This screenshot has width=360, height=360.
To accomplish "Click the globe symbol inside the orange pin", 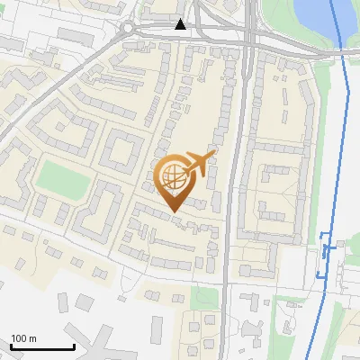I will point(173,175).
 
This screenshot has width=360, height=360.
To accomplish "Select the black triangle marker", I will point(181,24).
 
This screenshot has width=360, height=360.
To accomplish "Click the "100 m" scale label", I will point(23,338).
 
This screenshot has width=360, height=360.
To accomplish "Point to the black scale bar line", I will point(41,346).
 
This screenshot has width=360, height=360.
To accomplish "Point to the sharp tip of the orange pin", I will point(173,211).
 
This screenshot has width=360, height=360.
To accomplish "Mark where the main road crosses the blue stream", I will point(343,53).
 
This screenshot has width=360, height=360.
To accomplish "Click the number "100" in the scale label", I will point(19,338).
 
